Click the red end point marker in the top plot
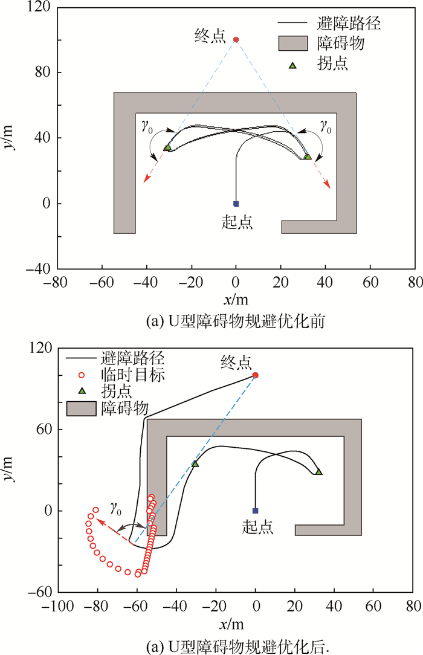pyautogui.click(x=236, y=40)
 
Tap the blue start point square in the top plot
pyautogui.click(x=236, y=204)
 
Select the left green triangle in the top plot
pyautogui.click(x=168, y=147)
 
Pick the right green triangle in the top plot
pyautogui.click(x=307, y=156)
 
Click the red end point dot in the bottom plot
pyautogui.click(x=255, y=375)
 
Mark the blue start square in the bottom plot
pyautogui.click(x=255, y=511)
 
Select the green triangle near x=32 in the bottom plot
pyautogui.click(x=318, y=472)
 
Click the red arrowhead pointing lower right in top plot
pyautogui.click(x=328, y=186)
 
